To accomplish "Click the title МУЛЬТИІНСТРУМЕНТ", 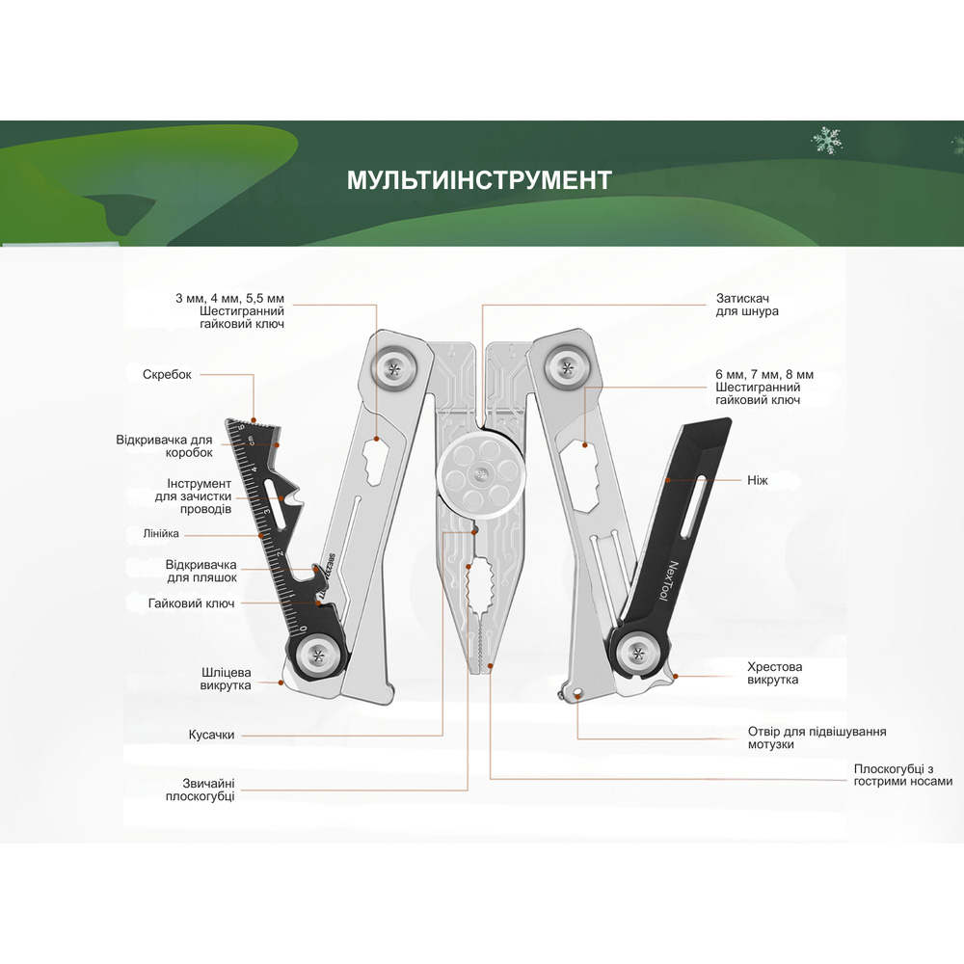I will point(479,181).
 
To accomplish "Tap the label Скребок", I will point(168,375).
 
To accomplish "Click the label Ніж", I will point(757,479).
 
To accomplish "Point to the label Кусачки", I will point(211,736).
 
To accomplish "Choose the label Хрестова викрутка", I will point(774,673).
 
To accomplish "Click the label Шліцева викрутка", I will point(227,679).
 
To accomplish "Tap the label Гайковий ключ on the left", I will point(192,603).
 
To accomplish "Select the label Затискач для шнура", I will point(747,305).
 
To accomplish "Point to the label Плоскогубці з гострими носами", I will point(902,775).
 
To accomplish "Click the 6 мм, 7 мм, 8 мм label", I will point(764,387).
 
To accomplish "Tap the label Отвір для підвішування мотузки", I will point(817,737).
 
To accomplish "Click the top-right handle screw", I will point(566,365).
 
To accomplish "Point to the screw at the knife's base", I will point(637,653).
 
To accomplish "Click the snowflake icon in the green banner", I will point(826,142).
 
